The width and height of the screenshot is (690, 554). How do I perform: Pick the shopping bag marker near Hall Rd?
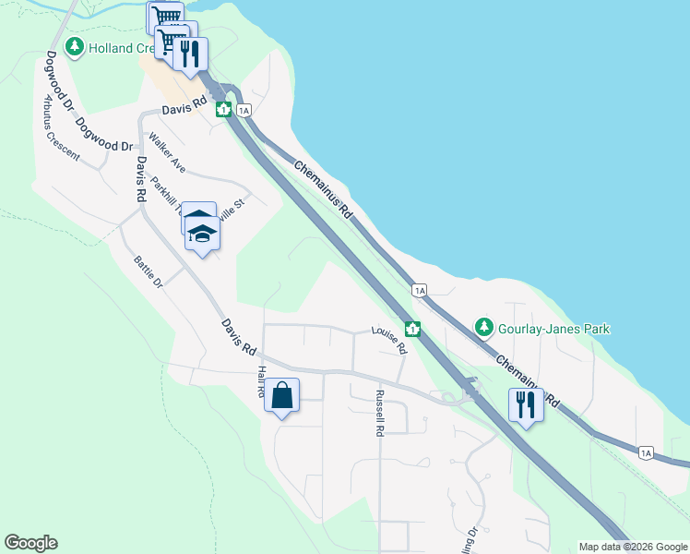[282, 396]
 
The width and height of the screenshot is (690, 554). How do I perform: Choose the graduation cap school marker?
[202, 234]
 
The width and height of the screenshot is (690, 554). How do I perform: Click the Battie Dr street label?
[147, 271]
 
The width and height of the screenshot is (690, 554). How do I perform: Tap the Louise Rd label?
[389, 340]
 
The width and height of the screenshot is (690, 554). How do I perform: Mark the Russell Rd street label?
[379, 412]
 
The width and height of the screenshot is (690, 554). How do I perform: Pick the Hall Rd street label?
[261, 381]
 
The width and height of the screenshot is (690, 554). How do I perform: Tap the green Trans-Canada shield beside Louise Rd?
[412, 329]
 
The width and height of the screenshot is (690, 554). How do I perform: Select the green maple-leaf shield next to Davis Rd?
[223, 110]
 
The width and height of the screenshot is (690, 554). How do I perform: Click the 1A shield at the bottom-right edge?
[647, 452]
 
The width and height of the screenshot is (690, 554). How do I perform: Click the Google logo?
[30, 543]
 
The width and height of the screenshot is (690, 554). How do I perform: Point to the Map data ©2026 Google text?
[632, 547]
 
